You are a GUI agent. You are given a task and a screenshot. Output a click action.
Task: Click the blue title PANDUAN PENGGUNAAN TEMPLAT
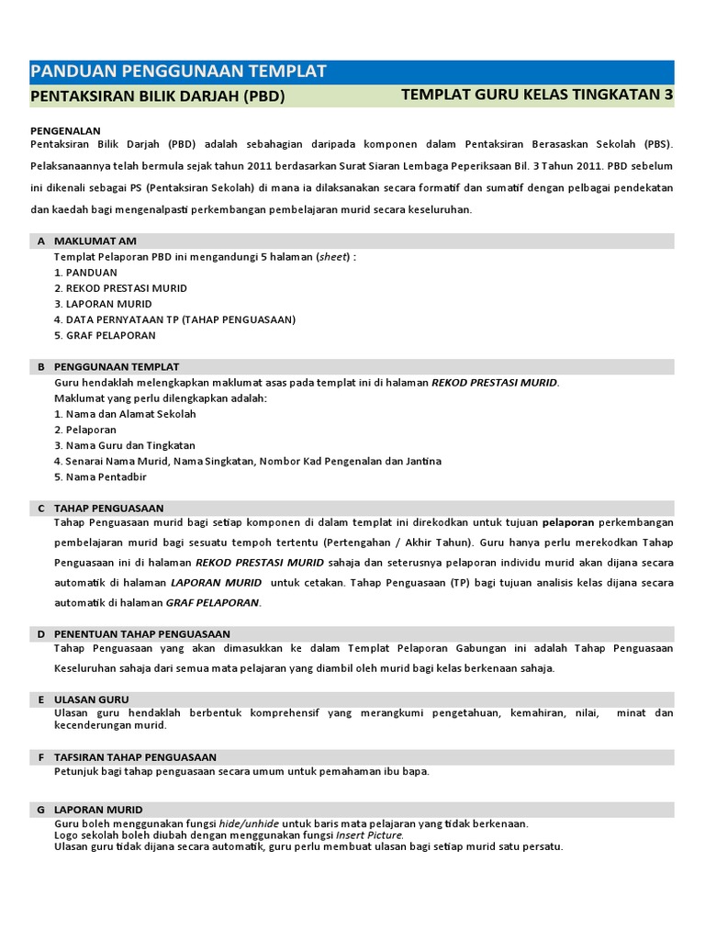coord(179,73)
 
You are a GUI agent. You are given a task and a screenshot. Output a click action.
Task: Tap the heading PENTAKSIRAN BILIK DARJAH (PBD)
coord(158,96)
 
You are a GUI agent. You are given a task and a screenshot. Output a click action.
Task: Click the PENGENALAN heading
coord(66,131)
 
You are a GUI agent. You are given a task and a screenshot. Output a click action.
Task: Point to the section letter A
coord(41,241)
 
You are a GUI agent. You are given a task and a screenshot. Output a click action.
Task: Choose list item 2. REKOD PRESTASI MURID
coord(120,288)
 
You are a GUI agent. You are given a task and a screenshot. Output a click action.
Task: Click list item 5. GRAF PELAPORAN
coord(105,335)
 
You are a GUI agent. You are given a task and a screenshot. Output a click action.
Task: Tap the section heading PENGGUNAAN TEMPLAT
coord(117,367)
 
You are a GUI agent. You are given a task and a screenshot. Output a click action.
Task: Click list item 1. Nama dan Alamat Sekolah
coord(125,414)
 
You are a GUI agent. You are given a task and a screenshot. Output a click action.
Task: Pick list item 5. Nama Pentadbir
coord(100,476)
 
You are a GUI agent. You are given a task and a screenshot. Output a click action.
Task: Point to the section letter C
coord(41,509)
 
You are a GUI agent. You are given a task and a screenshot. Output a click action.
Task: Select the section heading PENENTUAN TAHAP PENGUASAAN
coord(142,634)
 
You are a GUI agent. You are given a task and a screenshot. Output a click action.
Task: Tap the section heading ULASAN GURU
coord(92,699)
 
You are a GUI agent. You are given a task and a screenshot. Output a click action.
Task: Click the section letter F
coord(41,757)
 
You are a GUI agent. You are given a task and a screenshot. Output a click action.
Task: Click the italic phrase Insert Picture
coord(369,835)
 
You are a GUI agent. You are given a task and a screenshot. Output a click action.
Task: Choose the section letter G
coord(41,810)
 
